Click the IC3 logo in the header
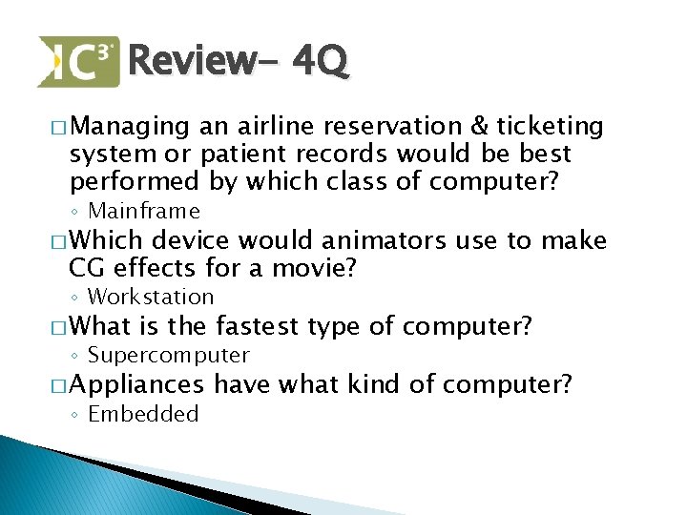click(78, 61)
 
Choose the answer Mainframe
click(143, 211)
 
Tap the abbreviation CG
click(87, 269)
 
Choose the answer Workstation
click(150, 298)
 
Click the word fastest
click(252, 327)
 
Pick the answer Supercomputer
click(168, 356)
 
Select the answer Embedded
click(143, 414)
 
